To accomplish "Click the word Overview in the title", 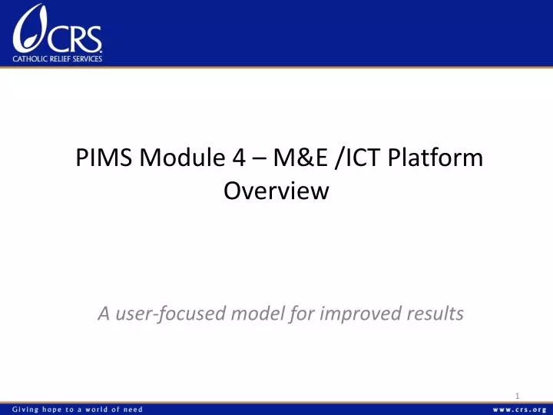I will pos(276,191).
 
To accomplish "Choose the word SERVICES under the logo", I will pos(88,57).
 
